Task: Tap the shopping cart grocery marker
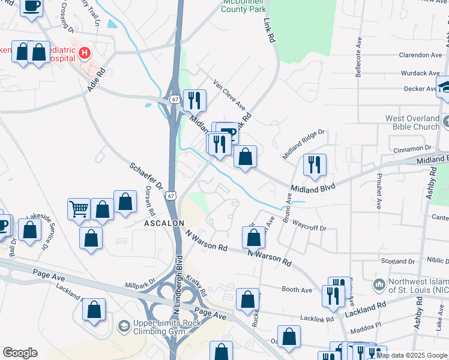click(79, 209)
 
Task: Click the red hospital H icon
click(85, 53)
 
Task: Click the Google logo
click(20, 353)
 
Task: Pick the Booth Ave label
click(297, 289)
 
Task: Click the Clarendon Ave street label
click(420, 55)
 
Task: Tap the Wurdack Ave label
click(420, 73)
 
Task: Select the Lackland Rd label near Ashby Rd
click(366, 306)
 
